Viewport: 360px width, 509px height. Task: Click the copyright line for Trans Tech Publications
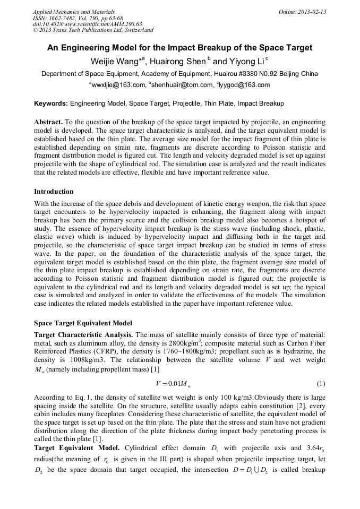coord(92,30)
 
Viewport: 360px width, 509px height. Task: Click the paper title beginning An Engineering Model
coord(179,48)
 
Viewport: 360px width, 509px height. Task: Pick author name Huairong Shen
coord(179,62)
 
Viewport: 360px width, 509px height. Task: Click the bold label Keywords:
coord(51,103)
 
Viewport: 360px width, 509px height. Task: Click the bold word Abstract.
coord(48,122)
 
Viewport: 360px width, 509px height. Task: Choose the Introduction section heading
coord(54,192)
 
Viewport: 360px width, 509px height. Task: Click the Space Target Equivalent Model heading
coord(83,323)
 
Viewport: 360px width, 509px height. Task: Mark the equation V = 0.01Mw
coord(169,384)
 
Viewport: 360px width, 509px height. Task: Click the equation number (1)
coord(320,384)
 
